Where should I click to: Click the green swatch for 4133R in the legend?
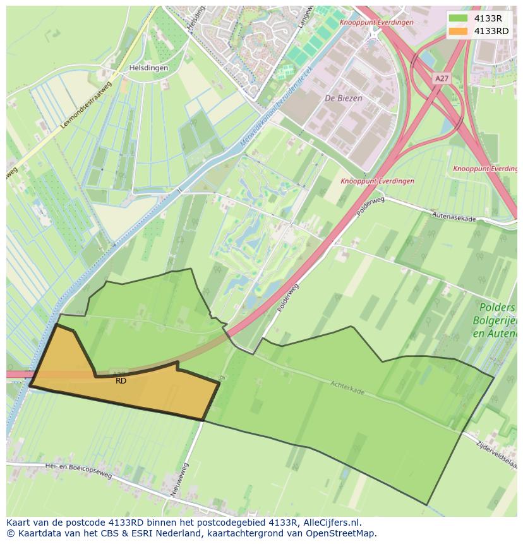click(x=458, y=18)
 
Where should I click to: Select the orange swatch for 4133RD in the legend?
click(x=458, y=31)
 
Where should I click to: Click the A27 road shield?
click(x=442, y=78)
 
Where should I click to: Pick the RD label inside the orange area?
click(x=121, y=381)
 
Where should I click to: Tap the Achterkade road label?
click(x=347, y=387)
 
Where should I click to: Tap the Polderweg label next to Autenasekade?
click(x=370, y=206)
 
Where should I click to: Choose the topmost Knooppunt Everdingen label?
click(x=376, y=23)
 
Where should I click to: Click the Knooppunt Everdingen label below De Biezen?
click(x=378, y=181)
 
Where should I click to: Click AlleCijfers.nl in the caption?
click(x=329, y=523)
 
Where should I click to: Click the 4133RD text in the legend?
click(x=491, y=31)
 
